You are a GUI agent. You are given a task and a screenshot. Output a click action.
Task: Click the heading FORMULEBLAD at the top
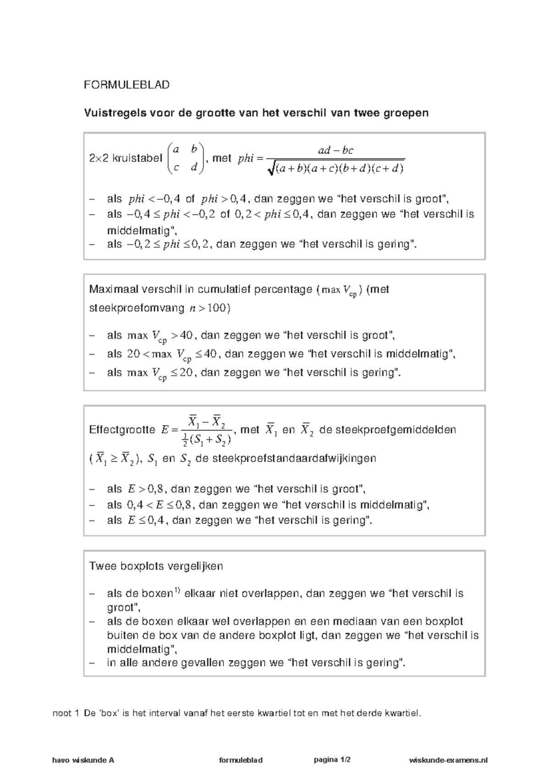(126, 85)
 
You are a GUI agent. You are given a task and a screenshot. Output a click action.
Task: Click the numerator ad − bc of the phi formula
(335, 150)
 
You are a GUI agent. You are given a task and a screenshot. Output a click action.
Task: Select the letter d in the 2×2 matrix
(193, 168)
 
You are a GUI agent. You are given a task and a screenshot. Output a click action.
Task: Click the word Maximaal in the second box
(113, 289)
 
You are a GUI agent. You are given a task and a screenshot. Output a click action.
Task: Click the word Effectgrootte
(122, 430)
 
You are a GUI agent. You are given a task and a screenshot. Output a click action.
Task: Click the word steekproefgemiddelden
(396, 430)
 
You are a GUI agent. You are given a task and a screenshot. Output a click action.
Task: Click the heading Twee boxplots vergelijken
(156, 566)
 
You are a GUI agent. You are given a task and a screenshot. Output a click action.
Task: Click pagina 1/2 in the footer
(332, 760)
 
